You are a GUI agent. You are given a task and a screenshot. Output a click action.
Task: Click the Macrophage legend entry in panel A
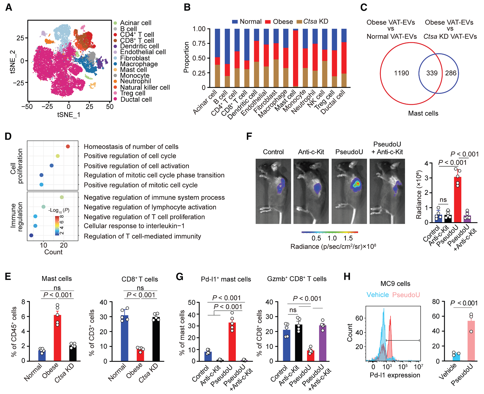(139, 64)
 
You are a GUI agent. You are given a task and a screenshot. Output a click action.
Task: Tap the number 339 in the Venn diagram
(432, 73)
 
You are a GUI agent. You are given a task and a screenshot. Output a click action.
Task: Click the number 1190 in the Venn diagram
(401, 73)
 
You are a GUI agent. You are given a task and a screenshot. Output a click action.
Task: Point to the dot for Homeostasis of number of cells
(68, 146)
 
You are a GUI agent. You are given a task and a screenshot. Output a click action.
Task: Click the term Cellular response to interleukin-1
(134, 226)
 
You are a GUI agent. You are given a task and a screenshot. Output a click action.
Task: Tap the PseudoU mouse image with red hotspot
(349, 191)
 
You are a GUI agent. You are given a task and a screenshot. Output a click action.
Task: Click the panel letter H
(347, 277)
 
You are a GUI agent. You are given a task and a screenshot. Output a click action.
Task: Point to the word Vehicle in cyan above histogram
(378, 295)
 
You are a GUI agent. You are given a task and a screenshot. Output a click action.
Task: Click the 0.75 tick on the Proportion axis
(199, 44)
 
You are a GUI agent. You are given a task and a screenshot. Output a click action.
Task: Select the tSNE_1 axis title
(69, 115)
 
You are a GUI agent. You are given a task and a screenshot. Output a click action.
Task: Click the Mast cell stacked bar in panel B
(295, 58)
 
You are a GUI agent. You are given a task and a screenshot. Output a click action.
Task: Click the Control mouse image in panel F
(273, 191)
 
